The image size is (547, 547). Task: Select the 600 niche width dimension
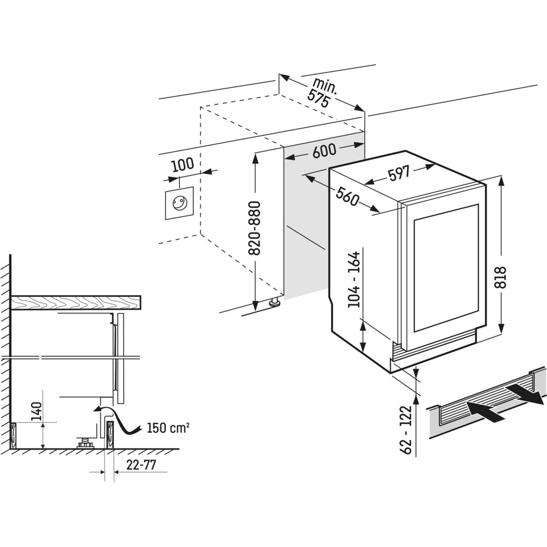324,152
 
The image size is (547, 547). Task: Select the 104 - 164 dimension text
355,279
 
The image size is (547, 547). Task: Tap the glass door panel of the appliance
446,267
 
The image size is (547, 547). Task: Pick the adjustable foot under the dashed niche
273,301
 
